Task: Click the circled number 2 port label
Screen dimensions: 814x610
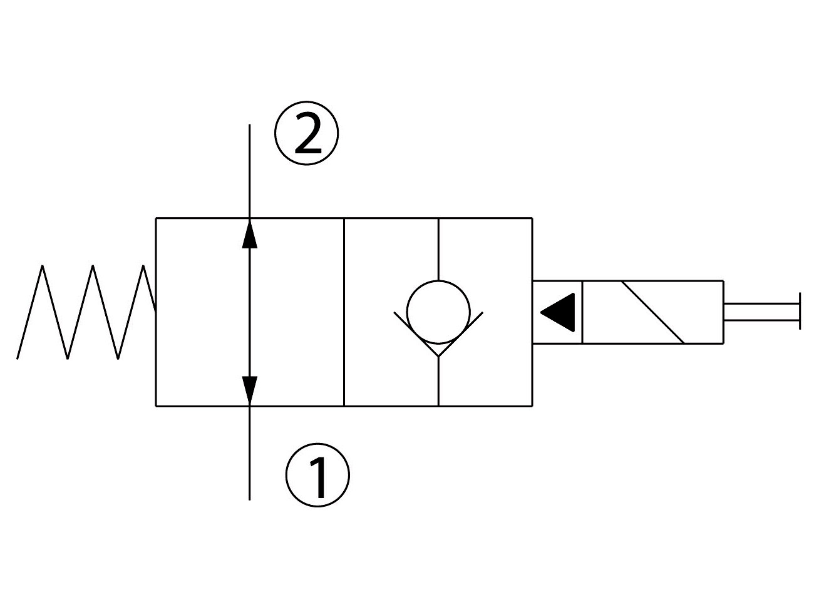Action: click(x=306, y=133)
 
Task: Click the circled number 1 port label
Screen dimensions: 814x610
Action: click(x=317, y=475)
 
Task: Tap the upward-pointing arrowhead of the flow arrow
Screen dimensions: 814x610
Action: click(x=250, y=233)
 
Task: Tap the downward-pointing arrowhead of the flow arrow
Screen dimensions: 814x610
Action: click(x=250, y=391)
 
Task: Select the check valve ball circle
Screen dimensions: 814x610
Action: click(x=438, y=281)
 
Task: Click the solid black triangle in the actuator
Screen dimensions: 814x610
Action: click(x=558, y=312)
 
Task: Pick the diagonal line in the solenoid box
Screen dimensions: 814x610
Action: click(x=653, y=312)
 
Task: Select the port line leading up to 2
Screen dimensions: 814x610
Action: click(x=250, y=171)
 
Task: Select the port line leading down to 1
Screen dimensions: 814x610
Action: click(x=250, y=454)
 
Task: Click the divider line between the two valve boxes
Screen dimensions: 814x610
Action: click(x=344, y=312)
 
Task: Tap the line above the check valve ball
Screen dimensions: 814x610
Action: click(x=438, y=249)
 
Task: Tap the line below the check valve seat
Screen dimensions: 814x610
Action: click(x=438, y=382)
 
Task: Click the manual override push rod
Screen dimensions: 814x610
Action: click(x=761, y=312)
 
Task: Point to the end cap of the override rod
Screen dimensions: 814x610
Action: click(x=800, y=311)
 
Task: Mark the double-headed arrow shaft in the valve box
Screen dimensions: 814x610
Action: click(x=250, y=312)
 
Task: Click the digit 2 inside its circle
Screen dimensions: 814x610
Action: click(x=308, y=134)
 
